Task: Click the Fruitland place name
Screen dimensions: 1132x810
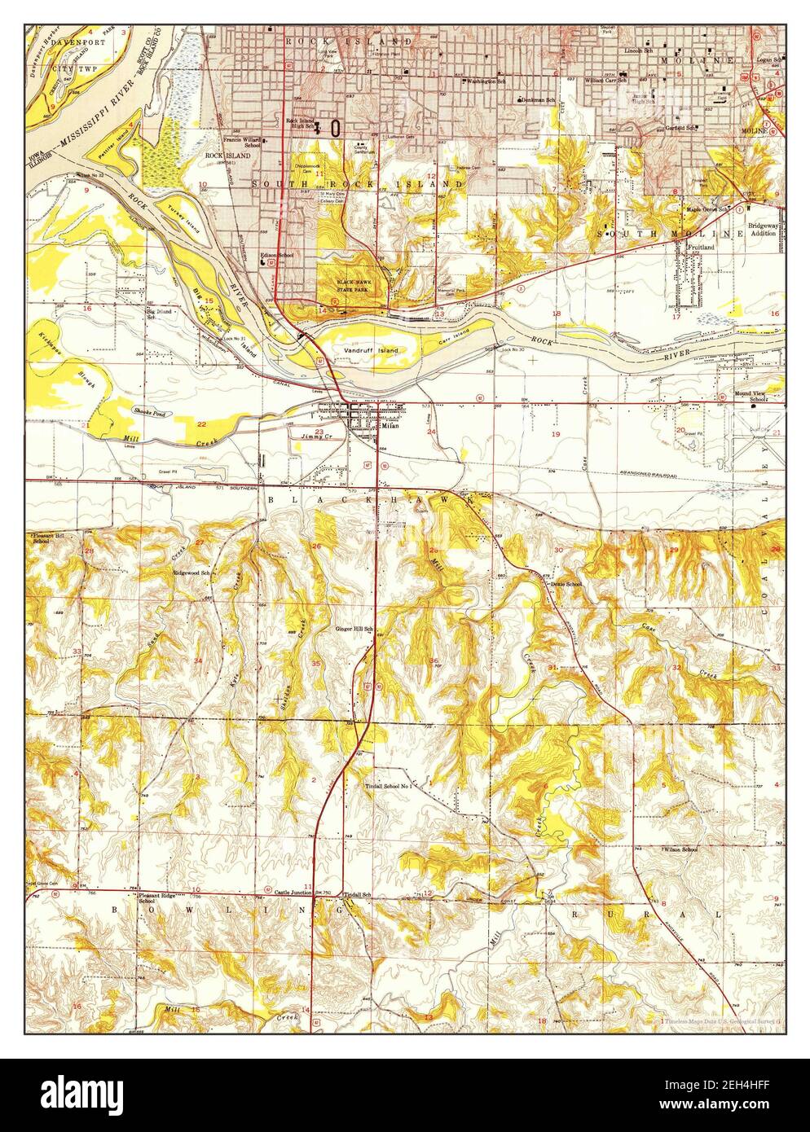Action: (701, 245)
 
